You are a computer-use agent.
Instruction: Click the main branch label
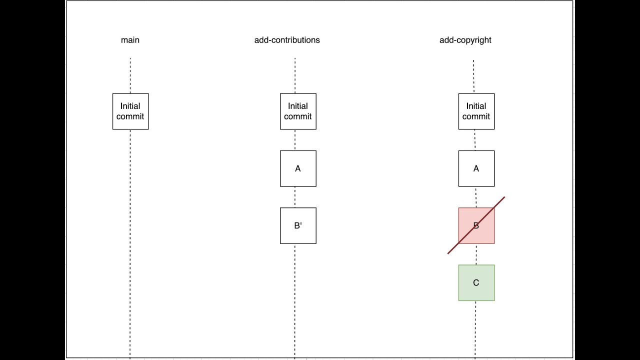[x=130, y=40]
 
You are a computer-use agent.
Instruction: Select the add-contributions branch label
[x=287, y=40]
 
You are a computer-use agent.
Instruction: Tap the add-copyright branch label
[x=465, y=40]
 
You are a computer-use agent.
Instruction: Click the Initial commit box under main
[x=130, y=111]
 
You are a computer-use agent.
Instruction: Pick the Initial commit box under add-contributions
[x=298, y=111]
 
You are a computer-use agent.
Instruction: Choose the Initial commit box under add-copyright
[x=476, y=111]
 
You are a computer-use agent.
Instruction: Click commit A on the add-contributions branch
[x=298, y=168]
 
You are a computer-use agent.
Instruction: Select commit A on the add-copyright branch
[x=476, y=168]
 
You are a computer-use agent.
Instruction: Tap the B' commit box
[x=298, y=225]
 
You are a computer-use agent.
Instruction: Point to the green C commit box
[x=476, y=282]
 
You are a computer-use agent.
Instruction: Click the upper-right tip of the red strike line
[x=504, y=197]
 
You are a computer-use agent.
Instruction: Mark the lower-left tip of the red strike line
[x=448, y=253]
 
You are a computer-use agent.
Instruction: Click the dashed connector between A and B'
[x=295, y=197]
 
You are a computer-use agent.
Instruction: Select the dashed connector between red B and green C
[x=475, y=254]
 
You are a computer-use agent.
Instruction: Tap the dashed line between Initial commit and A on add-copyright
[x=474, y=140]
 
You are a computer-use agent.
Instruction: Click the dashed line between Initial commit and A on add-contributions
[x=295, y=140]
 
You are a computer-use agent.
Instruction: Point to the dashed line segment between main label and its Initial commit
[x=130, y=75]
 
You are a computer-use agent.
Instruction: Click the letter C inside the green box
[x=476, y=283]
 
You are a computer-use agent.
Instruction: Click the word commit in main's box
[x=130, y=116]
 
